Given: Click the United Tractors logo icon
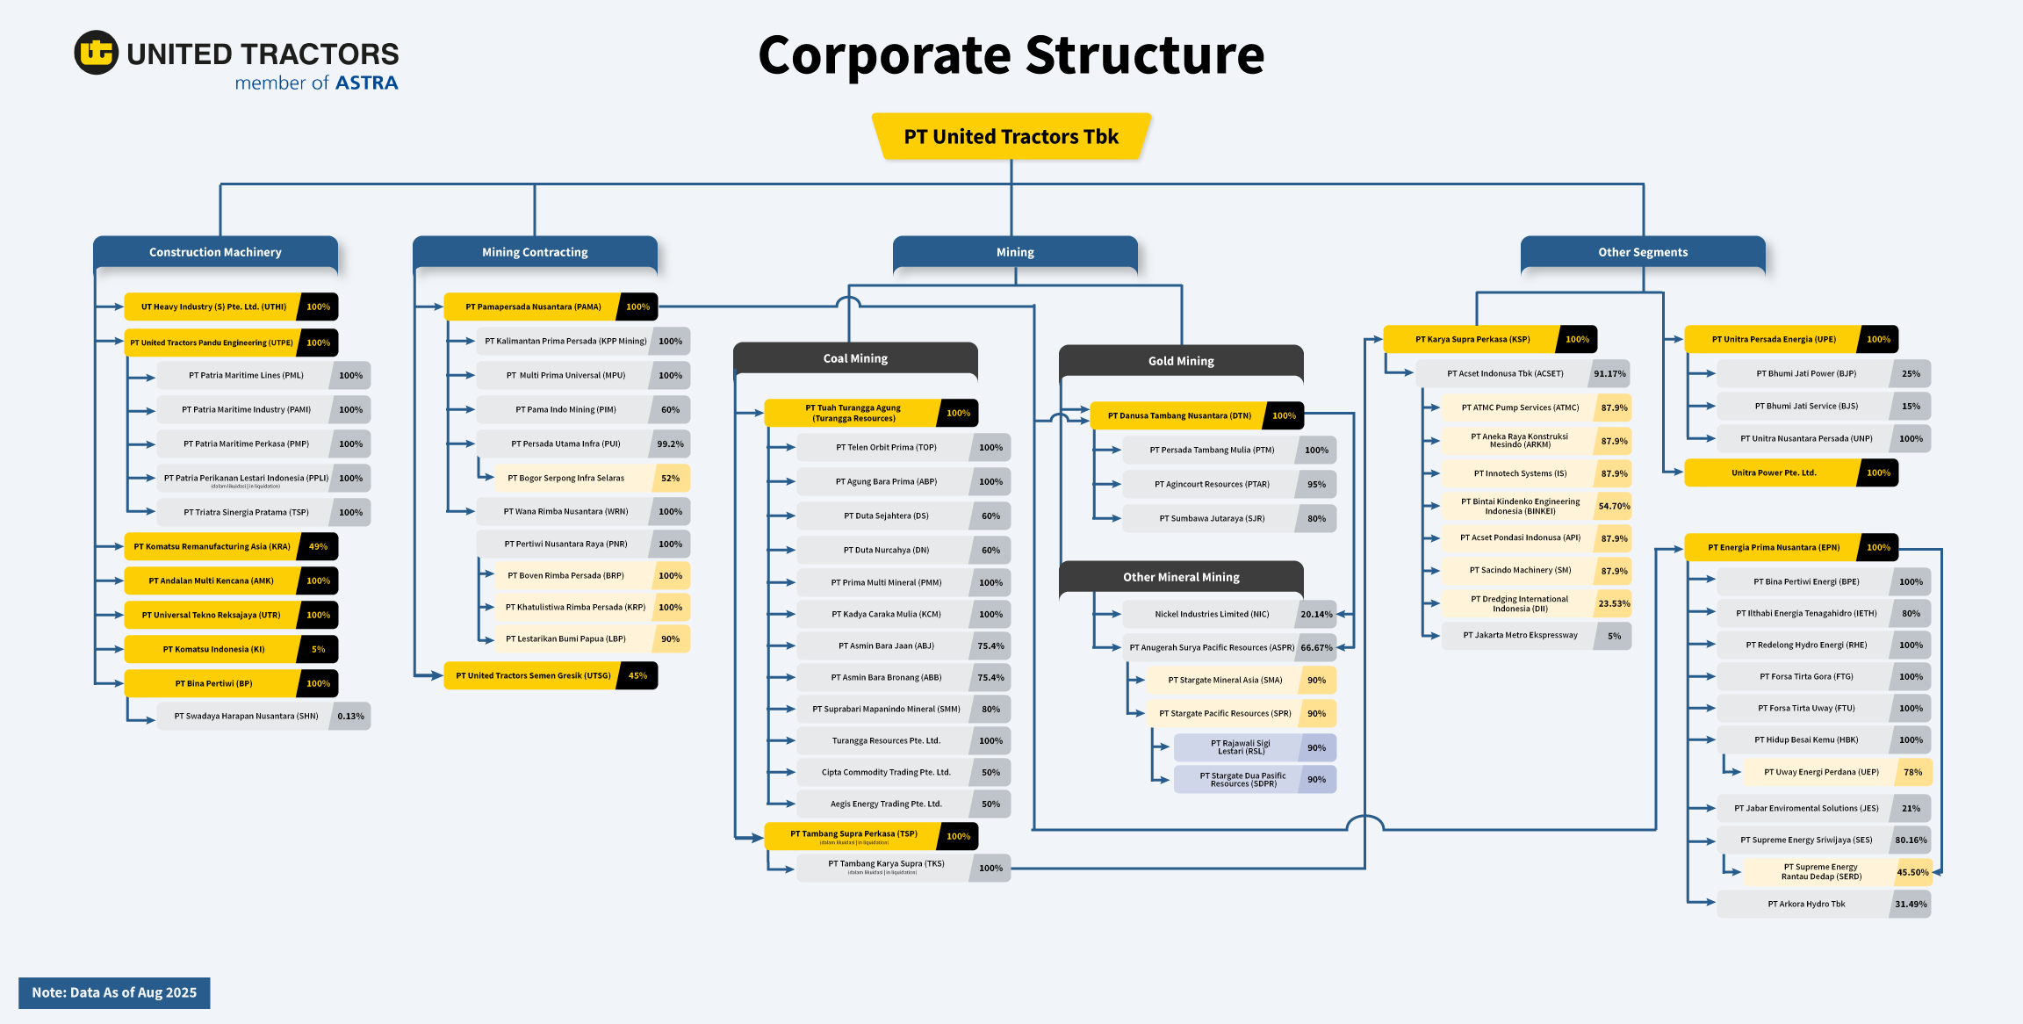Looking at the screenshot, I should pos(96,53).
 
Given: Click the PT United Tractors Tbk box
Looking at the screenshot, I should pos(1011,137).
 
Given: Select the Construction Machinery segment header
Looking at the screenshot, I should pos(215,252).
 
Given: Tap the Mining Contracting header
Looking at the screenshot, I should pos(535,252).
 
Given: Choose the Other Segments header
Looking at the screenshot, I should pos(1642,252).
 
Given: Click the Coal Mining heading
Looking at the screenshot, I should pos(855,358).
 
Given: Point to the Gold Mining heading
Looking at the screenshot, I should pos(1181,361).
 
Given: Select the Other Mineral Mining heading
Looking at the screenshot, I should pos(1181,577).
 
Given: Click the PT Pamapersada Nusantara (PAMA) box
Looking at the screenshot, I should pos(533,307).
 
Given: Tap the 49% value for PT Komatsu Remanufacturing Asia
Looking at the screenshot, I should pos(318,546).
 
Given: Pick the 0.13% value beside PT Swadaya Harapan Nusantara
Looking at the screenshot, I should pos(350,716).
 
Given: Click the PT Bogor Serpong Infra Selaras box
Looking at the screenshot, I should pos(566,479).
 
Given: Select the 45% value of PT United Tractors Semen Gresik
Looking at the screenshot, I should pos(637,675).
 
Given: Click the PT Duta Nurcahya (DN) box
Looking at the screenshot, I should pos(886,551).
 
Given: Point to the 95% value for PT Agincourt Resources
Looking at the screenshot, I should pos(1316,484).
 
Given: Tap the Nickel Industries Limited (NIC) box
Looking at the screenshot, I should pos(1212,615).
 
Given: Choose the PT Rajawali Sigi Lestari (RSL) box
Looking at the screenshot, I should pos(1240,747).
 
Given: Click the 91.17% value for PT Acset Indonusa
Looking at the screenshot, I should pos(1609,373).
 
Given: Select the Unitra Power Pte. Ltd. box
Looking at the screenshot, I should pos(1774,472).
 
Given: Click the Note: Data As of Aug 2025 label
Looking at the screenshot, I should pos(114,992).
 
